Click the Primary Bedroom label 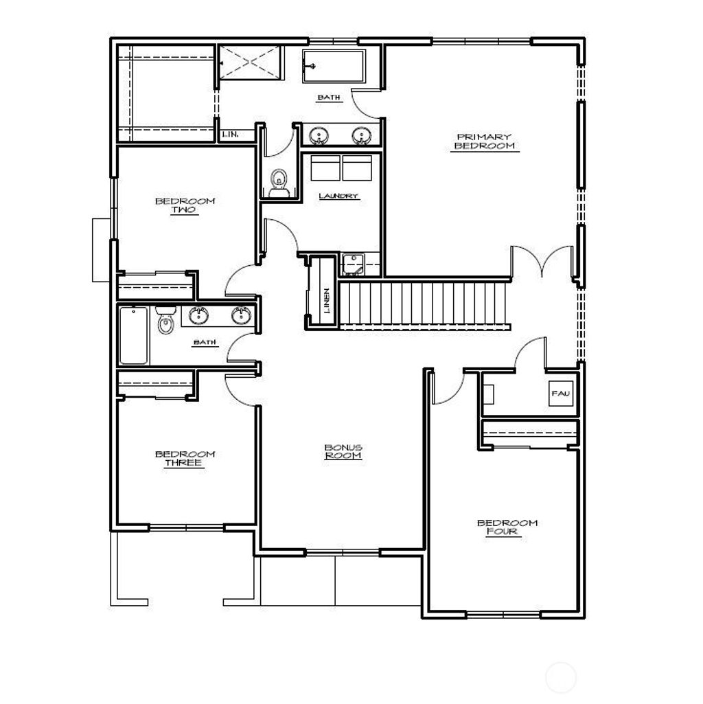click(x=483, y=141)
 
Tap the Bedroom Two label click(x=185, y=205)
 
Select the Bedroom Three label click(x=185, y=458)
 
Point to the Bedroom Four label click(x=507, y=527)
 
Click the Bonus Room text click(x=343, y=451)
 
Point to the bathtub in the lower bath click(x=133, y=335)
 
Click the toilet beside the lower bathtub click(x=165, y=321)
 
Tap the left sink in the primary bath click(x=318, y=136)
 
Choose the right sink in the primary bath click(x=360, y=136)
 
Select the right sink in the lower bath click(x=240, y=315)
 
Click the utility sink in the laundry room click(x=353, y=262)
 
